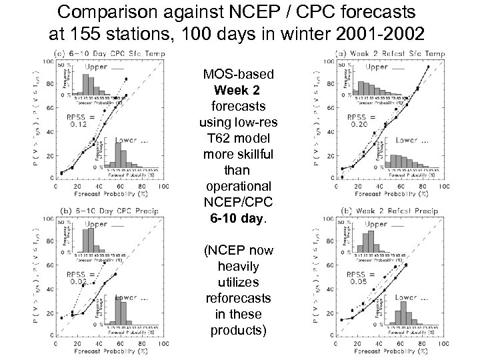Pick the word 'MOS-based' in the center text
(x=238, y=73)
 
